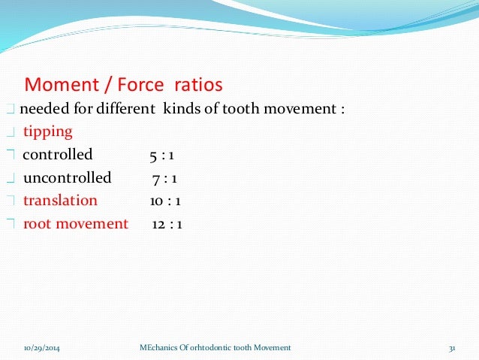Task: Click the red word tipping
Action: pos(47,132)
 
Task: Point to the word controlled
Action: pos(58,155)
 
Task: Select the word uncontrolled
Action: pos(67,178)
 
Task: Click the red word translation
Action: pos(60,201)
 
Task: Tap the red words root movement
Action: pos(76,223)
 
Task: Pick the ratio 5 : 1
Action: pos(161,156)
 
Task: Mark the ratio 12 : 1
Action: pos(167,224)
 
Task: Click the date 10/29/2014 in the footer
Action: pos(43,347)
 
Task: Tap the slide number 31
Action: pos(452,347)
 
